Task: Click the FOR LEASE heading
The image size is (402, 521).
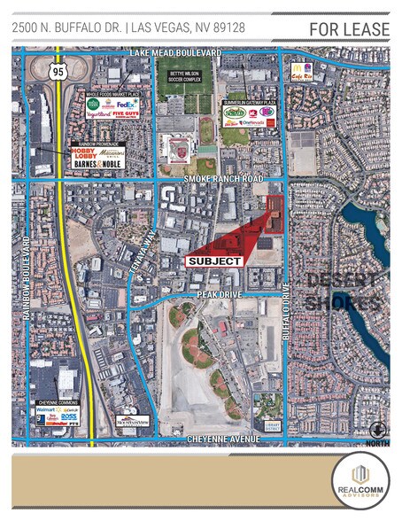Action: point(349,29)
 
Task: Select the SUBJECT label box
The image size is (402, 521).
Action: point(213,261)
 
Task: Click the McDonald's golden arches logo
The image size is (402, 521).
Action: point(293,66)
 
